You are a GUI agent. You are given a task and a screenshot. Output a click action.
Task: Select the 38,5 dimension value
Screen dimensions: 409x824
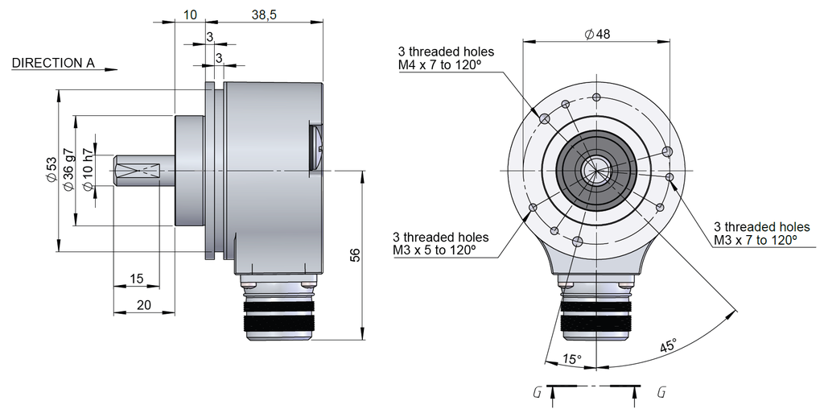pos(264,14)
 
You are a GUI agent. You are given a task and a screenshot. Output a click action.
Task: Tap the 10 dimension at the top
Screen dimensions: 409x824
pos(190,14)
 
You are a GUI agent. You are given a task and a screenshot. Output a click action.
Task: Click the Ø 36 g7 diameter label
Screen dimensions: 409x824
pos(69,170)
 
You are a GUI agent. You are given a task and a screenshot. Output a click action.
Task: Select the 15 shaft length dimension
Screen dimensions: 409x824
pos(136,279)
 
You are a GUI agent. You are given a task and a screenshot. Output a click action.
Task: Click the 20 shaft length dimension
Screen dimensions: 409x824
pos(144,305)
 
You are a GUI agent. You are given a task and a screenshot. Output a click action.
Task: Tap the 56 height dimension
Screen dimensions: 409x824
pos(355,255)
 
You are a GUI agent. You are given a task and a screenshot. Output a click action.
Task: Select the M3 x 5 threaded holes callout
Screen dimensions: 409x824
pos(440,244)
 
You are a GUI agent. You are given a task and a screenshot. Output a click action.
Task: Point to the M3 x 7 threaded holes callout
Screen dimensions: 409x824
pos(761,233)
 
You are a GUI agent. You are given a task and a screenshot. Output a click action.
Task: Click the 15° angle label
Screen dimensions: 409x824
pos(571,359)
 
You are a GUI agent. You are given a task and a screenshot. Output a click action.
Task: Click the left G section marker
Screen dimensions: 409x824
pos(536,392)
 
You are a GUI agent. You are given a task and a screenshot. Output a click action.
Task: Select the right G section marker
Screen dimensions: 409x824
pos(661,392)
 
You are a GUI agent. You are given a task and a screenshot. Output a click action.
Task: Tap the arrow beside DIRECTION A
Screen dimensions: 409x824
pos(111,69)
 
